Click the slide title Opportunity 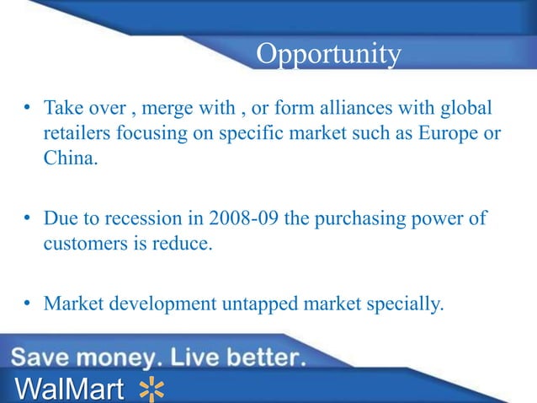click(328, 54)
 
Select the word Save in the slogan click(43, 358)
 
